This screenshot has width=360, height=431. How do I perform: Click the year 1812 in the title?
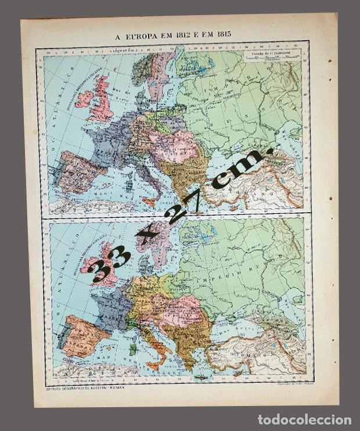196,33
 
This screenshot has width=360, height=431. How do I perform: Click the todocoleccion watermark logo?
304,420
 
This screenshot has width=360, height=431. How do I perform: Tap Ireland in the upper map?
85,99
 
